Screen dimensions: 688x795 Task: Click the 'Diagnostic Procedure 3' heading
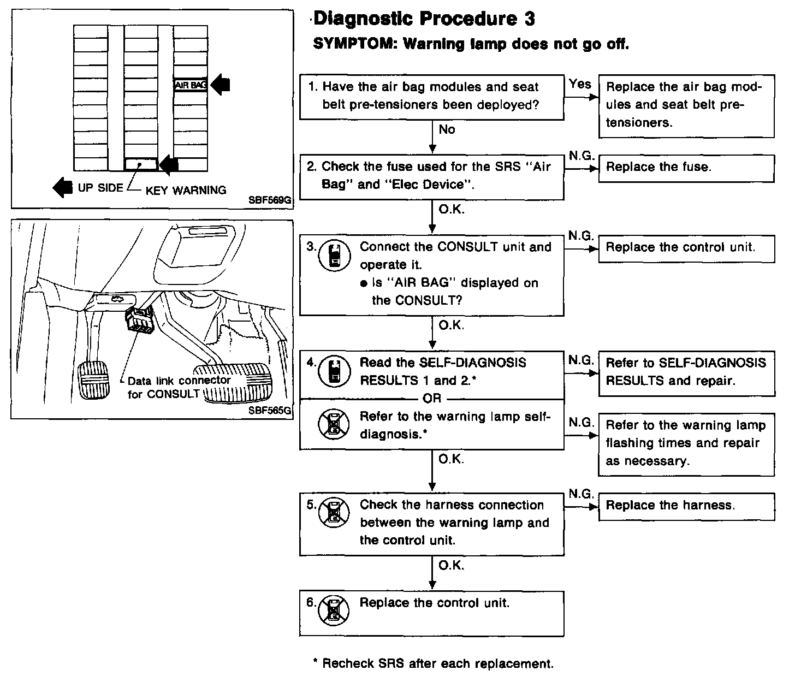tap(424, 19)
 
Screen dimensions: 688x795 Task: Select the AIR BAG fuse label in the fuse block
tap(189, 85)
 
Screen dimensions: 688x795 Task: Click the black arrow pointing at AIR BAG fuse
tap(221, 85)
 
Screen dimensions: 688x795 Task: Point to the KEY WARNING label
tap(186, 191)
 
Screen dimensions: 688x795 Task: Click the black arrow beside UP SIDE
tap(62, 187)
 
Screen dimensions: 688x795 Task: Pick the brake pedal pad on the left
tap(98, 379)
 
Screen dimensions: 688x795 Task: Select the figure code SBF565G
tap(270, 411)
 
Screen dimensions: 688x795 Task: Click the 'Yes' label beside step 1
tap(580, 84)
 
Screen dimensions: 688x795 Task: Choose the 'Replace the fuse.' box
tap(686, 168)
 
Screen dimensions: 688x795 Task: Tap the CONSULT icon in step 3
tap(334, 256)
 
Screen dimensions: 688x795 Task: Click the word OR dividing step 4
tap(431, 399)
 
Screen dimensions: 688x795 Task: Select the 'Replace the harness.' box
tap(686, 506)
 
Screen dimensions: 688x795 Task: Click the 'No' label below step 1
tap(447, 130)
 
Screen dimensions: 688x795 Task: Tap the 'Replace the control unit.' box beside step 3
tap(686, 248)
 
